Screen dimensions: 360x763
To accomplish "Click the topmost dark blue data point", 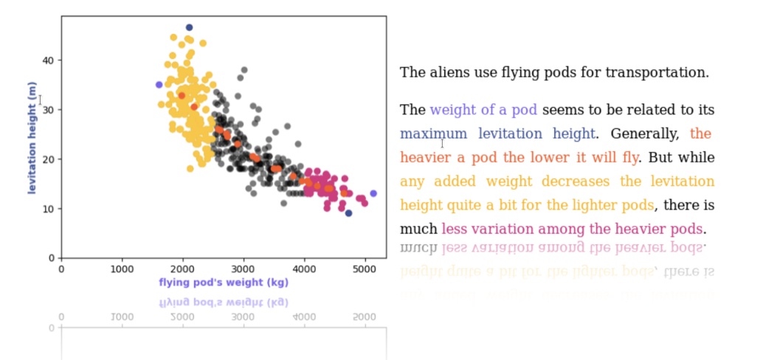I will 189,28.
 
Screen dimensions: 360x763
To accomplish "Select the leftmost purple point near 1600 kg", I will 159,85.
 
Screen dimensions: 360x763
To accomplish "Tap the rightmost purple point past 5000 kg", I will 373,193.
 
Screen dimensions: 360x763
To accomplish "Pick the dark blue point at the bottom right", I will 348,213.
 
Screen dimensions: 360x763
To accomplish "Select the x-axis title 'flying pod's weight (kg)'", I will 223,283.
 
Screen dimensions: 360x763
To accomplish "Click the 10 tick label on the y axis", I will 49,209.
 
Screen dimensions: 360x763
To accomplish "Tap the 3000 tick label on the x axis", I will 243,270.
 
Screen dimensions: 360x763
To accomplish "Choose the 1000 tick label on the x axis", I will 122,270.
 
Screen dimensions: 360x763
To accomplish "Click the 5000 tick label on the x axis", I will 365,270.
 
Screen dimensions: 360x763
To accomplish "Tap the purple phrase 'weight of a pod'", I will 483,110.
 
